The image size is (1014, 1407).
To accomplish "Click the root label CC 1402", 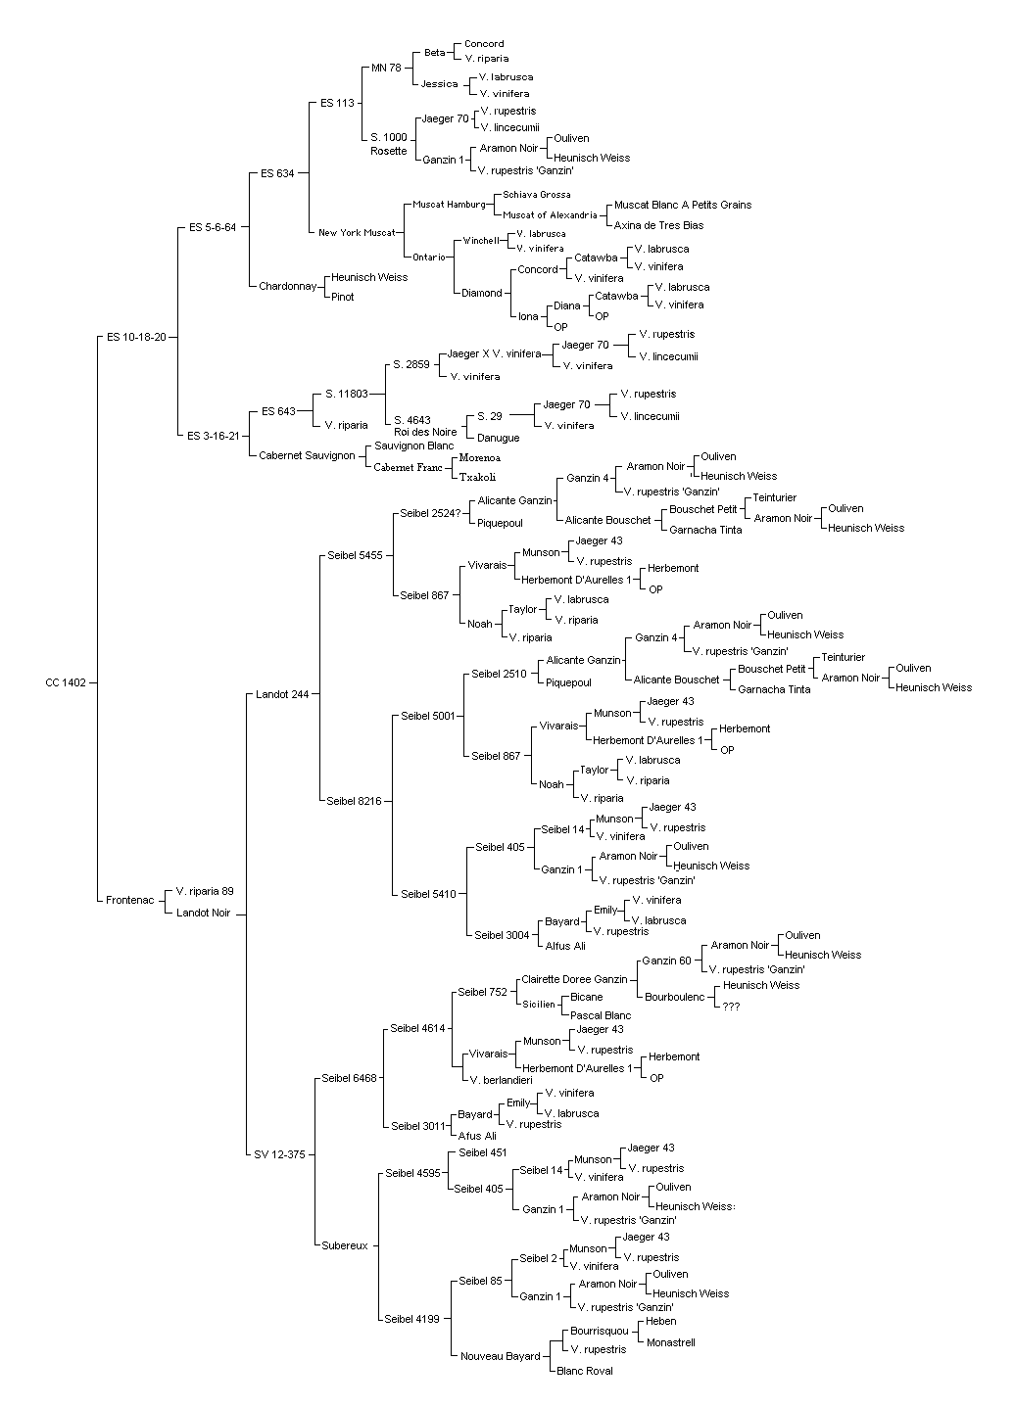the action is (x=66, y=682).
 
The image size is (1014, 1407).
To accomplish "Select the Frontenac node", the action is (x=129, y=900).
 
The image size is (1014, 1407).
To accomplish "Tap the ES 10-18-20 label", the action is (x=136, y=337).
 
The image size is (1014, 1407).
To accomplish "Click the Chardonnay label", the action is (x=288, y=287).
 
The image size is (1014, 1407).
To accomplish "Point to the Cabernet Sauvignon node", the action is (x=307, y=455).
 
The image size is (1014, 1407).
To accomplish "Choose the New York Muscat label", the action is (x=357, y=232).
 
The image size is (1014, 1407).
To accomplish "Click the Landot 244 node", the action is (x=282, y=694).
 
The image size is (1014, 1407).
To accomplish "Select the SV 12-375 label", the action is (x=280, y=1154).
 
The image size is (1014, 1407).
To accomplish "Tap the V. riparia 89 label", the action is (x=205, y=891).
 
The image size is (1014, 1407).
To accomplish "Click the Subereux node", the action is (x=345, y=1245).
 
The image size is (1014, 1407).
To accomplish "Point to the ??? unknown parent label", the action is (x=731, y=1007).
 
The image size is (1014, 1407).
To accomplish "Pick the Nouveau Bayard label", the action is (x=501, y=1356).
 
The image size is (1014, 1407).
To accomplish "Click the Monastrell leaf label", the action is (x=671, y=1342).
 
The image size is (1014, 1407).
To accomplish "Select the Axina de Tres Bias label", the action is (x=658, y=225).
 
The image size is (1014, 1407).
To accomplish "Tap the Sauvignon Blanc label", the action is (x=414, y=446).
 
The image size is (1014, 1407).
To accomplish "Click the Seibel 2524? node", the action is (x=431, y=513).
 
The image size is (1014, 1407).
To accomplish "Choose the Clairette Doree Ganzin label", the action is (x=574, y=979).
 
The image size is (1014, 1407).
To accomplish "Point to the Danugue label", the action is (x=498, y=438).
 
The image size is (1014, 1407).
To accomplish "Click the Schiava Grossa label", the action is (x=537, y=195).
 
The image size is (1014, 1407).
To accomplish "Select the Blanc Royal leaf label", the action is (x=585, y=1371).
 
